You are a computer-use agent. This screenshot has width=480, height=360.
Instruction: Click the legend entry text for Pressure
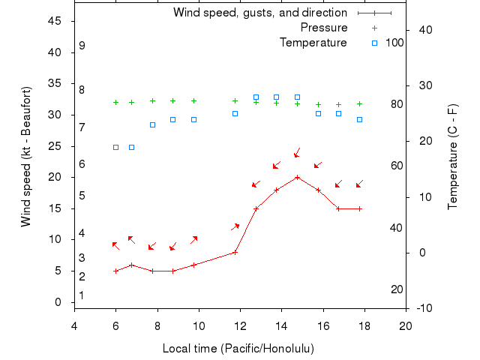point(324,28)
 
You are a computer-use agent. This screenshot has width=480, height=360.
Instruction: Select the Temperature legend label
point(313,43)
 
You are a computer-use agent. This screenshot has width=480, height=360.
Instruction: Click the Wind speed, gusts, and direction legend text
point(260,13)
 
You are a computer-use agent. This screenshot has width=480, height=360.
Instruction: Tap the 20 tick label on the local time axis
point(406,325)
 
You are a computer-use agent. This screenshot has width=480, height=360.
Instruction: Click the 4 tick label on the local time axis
point(74,325)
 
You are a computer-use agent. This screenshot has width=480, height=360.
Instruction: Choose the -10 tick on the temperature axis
point(424,308)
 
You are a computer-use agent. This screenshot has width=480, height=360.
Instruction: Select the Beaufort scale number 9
point(82,46)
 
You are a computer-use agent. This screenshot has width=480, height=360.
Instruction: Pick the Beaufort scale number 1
point(82,295)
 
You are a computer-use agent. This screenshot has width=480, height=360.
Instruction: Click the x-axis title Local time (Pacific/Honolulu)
point(238,349)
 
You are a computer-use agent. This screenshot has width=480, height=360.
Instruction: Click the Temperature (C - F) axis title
point(453,156)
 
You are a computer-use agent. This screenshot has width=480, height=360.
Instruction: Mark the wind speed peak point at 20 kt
point(298,178)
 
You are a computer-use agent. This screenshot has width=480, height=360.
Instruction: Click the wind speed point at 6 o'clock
point(115,271)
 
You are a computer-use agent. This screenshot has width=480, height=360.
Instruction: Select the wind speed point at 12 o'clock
point(235,252)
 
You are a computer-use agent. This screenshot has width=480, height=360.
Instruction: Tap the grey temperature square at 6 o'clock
point(115,147)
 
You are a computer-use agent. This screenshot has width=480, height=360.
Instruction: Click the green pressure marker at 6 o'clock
point(115,102)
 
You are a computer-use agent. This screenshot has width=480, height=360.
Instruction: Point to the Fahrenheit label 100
point(394,43)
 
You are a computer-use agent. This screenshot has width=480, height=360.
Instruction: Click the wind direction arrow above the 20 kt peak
point(297,152)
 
